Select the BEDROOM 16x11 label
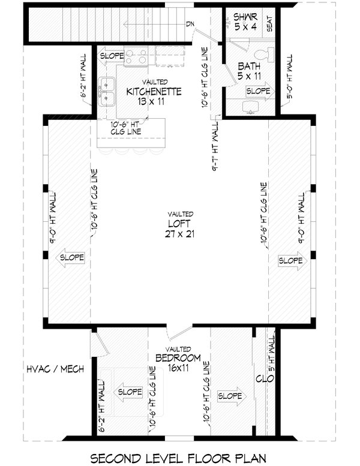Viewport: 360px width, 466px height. [x=173, y=363]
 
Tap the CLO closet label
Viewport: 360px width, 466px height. [x=260, y=378]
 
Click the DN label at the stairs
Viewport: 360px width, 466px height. [x=190, y=24]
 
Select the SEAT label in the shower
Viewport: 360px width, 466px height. [x=270, y=24]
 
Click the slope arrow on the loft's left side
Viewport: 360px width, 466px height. [x=71, y=258]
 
